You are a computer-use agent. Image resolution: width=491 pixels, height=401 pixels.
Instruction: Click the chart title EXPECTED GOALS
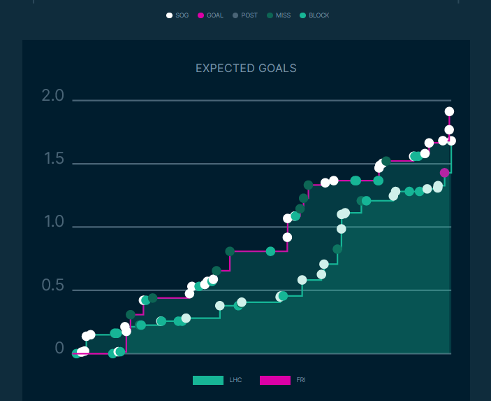pyautogui.click(x=246, y=69)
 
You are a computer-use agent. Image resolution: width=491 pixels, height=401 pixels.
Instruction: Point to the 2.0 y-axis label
pyautogui.click(x=52, y=97)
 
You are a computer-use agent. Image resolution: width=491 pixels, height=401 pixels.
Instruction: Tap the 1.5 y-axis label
pyautogui.click(x=52, y=160)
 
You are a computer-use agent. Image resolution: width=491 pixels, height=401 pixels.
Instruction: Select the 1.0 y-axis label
pyautogui.click(x=52, y=223)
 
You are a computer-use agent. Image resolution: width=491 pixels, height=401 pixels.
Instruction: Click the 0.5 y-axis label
pyautogui.click(x=52, y=286)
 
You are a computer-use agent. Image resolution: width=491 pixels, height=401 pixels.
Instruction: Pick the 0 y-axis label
pyautogui.click(x=59, y=349)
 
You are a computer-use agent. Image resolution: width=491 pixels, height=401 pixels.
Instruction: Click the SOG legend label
pyautogui.click(x=182, y=15)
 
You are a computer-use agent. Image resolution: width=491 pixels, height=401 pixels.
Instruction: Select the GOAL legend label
pyautogui.click(x=214, y=15)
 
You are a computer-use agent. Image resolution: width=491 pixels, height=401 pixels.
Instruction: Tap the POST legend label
pyautogui.click(x=249, y=15)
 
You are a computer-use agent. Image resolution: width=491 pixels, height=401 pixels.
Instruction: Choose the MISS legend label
pyautogui.click(x=283, y=15)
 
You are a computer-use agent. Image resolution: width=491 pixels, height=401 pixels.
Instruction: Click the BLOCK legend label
pyautogui.click(x=318, y=15)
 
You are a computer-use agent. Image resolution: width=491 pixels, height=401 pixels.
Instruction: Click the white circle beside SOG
pyautogui.click(x=169, y=15)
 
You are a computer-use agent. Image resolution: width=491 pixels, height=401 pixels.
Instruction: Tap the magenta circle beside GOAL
pyautogui.click(x=200, y=15)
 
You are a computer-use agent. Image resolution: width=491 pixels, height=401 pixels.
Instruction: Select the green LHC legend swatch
pyautogui.click(x=207, y=380)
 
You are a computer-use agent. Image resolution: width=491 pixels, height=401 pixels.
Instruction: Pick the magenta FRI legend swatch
pyautogui.click(x=274, y=380)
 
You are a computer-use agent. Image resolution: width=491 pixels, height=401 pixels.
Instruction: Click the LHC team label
pyautogui.click(x=235, y=380)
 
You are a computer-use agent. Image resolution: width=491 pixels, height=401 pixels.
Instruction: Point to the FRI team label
pyautogui.click(x=301, y=380)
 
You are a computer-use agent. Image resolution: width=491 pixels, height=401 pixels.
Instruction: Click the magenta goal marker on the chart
pyautogui.click(x=444, y=172)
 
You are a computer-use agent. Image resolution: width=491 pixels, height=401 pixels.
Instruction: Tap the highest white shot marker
pyautogui.click(x=449, y=111)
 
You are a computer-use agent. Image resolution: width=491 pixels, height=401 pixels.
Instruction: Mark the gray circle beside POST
pyautogui.click(x=235, y=15)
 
